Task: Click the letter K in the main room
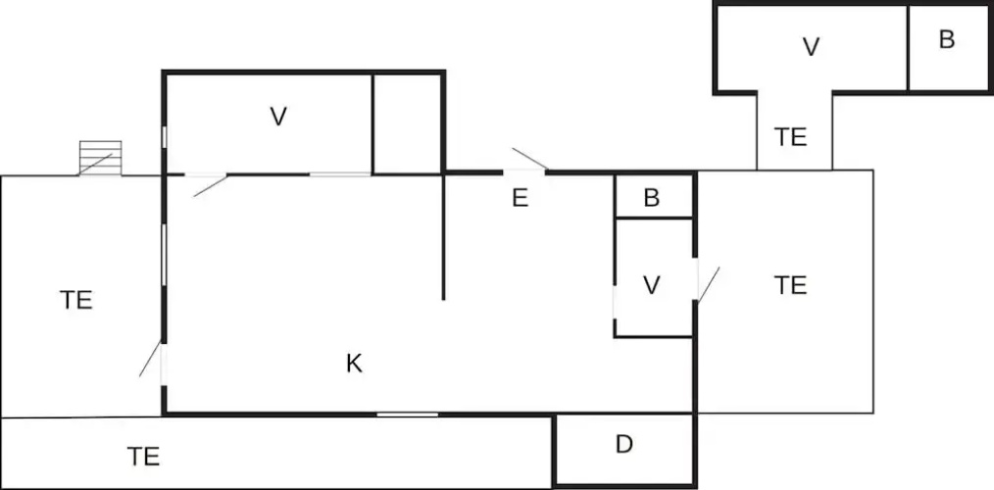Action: click(x=354, y=364)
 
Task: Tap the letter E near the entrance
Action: click(x=520, y=198)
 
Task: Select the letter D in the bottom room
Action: click(x=624, y=444)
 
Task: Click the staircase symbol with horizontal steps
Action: click(x=100, y=158)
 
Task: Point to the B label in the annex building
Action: click(x=946, y=40)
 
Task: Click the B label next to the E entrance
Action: click(x=652, y=198)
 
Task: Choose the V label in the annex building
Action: click(x=811, y=47)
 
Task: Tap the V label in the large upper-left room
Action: click(x=278, y=117)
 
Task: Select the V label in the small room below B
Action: click(x=652, y=285)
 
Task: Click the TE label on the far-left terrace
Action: click(x=76, y=300)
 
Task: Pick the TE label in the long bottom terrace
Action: click(x=143, y=457)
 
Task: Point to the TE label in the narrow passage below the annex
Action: click(x=790, y=137)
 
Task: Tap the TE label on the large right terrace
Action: click(x=790, y=285)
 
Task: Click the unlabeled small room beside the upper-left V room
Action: click(x=408, y=122)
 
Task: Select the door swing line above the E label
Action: click(x=530, y=159)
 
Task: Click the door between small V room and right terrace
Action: click(x=708, y=283)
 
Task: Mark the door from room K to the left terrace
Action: click(x=150, y=359)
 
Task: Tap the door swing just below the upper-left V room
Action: click(x=211, y=186)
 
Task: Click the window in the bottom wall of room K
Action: click(x=407, y=415)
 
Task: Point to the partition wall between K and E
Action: click(x=443, y=236)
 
